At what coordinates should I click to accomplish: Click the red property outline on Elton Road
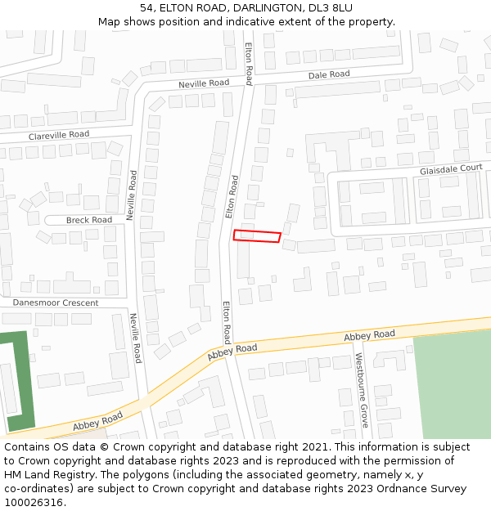pyautogui.click(x=257, y=236)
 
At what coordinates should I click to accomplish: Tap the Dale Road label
pyautogui.click(x=329, y=74)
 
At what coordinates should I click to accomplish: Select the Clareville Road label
pyautogui.click(x=59, y=134)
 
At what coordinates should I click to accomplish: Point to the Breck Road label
pyautogui.click(x=89, y=220)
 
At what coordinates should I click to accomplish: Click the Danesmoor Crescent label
pyautogui.click(x=56, y=303)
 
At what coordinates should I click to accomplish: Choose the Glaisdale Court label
pyautogui.click(x=451, y=169)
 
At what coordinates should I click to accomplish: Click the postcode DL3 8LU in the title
pyautogui.click(x=334, y=7)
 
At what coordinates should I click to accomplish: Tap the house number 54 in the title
pyautogui.click(x=147, y=7)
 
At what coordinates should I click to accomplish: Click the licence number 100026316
pyautogui.click(x=34, y=502)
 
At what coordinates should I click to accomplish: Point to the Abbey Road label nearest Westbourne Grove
pyautogui.click(x=369, y=334)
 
